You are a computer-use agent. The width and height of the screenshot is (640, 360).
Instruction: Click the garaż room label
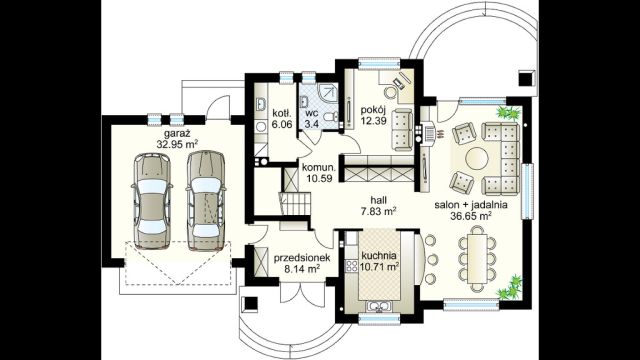point(178,134)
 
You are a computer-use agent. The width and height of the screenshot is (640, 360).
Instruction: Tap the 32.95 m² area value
point(177,144)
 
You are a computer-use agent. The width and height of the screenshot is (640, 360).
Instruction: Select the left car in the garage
point(152,200)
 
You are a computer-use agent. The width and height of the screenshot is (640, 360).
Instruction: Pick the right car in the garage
point(206,200)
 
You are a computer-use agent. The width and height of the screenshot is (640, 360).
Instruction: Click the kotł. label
point(282,113)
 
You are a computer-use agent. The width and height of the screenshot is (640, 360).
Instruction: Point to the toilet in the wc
point(330,117)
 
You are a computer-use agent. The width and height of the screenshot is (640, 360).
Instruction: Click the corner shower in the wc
point(327,93)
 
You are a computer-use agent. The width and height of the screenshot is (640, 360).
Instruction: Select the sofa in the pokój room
point(403,129)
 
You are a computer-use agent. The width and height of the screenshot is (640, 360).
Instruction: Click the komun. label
point(319,168)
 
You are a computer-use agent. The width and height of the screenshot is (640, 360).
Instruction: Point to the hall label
point(379,200)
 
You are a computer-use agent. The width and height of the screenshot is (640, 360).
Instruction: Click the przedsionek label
point(302,258)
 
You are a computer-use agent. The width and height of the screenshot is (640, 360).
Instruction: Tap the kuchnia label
point(379,256)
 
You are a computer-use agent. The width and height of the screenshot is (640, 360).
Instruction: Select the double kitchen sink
point(379,306)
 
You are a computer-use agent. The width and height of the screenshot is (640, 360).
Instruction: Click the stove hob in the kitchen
point(351,266)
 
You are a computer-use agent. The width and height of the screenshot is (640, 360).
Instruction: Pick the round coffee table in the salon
point(477,158)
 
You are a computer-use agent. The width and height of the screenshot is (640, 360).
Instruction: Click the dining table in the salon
point(477,259)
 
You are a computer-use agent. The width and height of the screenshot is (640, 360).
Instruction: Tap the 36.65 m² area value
point(470,216)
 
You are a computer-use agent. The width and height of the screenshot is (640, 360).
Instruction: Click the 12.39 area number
point(373,121)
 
